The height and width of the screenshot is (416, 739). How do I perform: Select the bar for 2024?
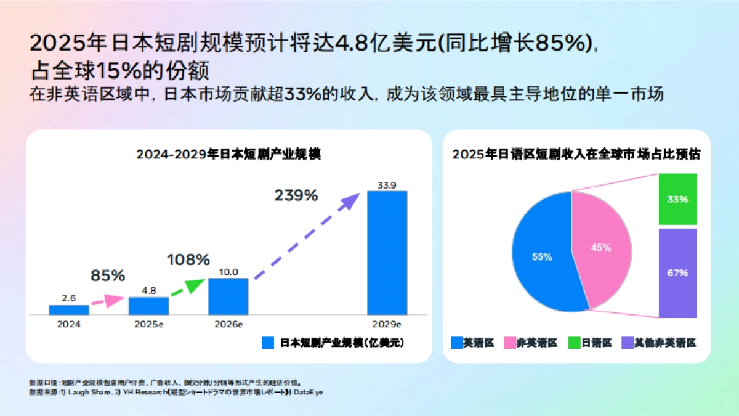69,310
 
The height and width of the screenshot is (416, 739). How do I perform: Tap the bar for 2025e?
148,306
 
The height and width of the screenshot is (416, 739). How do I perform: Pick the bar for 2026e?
228,296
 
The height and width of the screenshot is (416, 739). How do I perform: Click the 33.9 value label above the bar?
387,184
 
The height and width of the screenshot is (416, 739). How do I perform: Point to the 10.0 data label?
228,272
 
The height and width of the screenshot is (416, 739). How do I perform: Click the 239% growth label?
296,196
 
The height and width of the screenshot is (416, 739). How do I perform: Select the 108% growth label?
188,259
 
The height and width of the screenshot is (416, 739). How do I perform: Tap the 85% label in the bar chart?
108,275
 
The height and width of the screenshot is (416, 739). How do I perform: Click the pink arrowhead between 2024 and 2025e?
115,300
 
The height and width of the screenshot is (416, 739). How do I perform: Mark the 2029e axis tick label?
387,324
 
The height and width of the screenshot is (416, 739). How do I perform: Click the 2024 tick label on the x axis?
69,324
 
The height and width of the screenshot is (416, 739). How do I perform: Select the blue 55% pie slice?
539,256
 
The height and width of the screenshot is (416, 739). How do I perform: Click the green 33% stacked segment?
677,199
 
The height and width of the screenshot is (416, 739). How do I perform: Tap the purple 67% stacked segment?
677,273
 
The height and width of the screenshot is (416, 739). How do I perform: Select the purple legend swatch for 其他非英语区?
626,343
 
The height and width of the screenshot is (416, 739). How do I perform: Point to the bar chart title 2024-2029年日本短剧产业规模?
228,154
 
